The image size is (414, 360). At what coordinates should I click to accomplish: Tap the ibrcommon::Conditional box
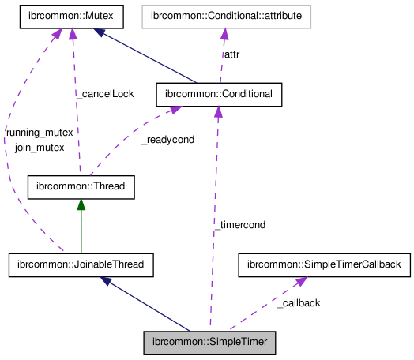click(219, 94)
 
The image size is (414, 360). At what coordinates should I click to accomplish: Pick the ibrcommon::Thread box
click(81, 186)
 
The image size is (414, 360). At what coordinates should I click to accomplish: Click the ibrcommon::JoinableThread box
click(81, 264)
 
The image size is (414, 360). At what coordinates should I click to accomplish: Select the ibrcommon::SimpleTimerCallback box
click(325, 264)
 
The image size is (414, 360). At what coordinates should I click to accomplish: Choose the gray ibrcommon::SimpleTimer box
click(210, 343)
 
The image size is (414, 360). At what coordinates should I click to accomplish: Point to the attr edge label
click(232, 54)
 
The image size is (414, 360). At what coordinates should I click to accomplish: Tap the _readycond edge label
click(167, 140)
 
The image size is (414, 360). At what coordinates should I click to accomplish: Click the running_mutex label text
click(39, 133)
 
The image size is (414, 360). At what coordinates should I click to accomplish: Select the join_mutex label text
click(40, 147)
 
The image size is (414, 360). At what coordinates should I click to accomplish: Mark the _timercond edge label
click(239, 224)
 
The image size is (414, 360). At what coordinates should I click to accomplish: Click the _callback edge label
click(299, 303)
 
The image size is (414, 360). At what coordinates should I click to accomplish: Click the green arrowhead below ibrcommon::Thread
click(81, 204)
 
